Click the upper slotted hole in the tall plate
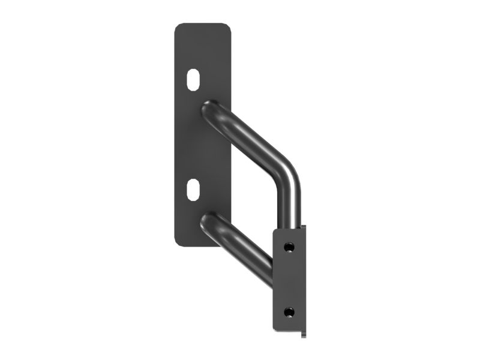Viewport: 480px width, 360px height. (193, 80)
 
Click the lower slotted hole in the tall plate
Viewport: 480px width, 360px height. (193, 190)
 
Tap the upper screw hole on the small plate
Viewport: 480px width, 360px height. (290, 247)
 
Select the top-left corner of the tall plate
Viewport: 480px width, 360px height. (176, 26)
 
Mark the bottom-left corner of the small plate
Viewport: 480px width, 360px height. (275, 328)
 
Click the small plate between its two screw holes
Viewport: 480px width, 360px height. (290, 279)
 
